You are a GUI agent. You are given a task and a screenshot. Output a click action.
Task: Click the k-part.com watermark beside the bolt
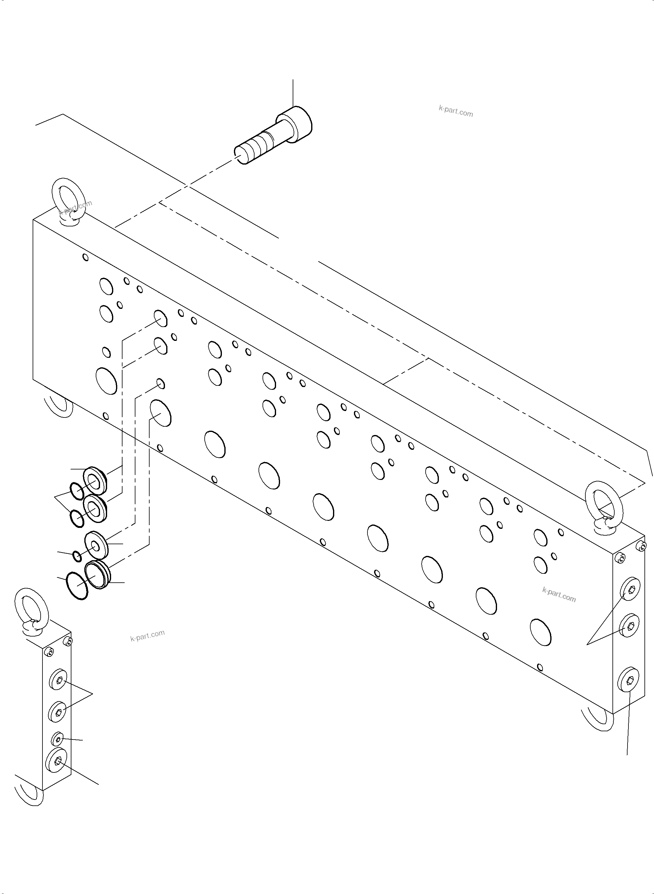pos(456,111)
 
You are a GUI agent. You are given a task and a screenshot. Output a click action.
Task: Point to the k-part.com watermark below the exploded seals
pos(147,636)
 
